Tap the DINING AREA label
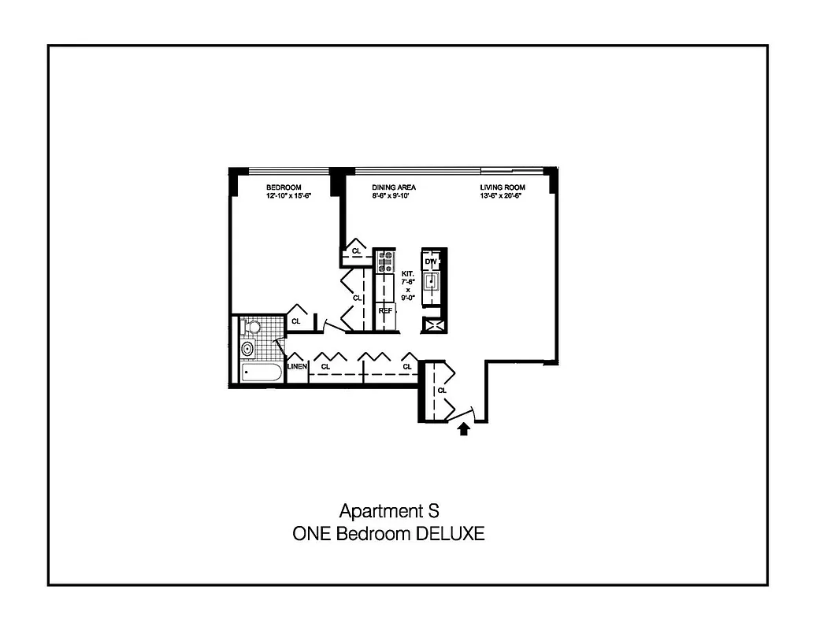[393, 187]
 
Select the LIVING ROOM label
[503, 187]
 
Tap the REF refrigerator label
[385, 310]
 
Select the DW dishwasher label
[430, 261]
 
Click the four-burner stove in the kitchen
[385, 261]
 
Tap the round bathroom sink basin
[248, 347]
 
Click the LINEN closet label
[296, 367]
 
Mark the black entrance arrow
[464, 428]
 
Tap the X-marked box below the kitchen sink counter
[433, 324]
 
